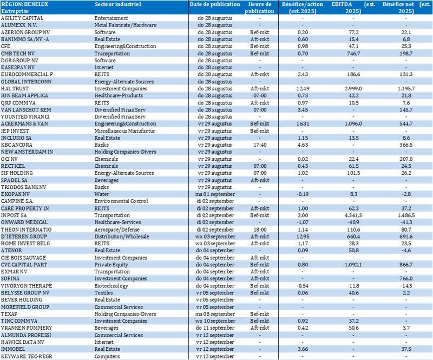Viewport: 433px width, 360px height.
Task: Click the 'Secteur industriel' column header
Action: pos(117,4)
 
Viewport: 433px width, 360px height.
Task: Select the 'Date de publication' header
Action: pos(215,4)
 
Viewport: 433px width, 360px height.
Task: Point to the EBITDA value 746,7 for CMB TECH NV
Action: pos(353,53)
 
